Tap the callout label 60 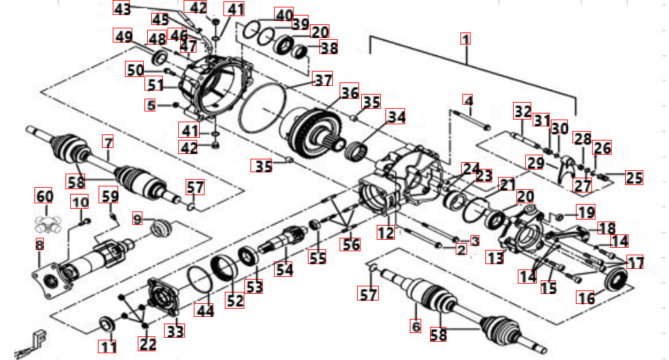44,197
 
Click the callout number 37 323,80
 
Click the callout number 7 107,142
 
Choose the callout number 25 633,178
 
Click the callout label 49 123,36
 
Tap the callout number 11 108,346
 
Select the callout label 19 585,212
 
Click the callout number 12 385,233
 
